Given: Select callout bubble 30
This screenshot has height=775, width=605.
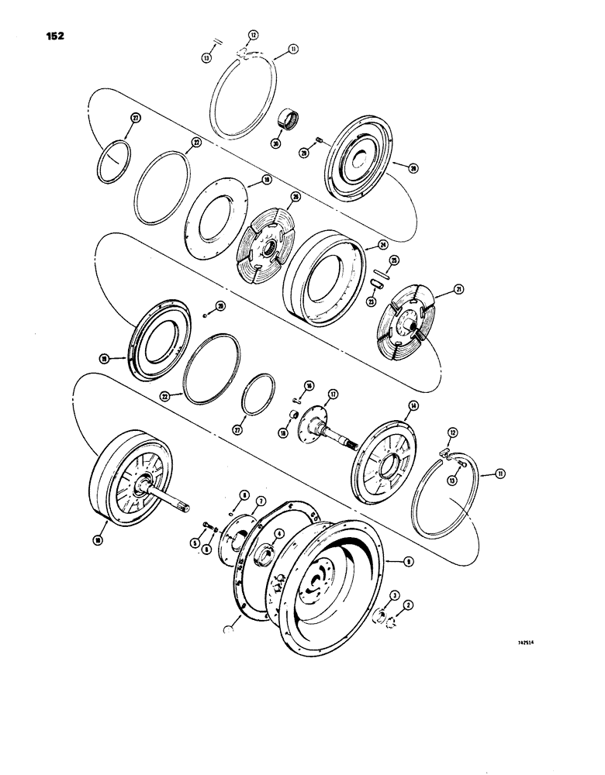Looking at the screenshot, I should pos(276,143).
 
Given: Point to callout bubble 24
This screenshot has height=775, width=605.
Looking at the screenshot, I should pos(382,245).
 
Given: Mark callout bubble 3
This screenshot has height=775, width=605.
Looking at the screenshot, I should pos(395,594).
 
